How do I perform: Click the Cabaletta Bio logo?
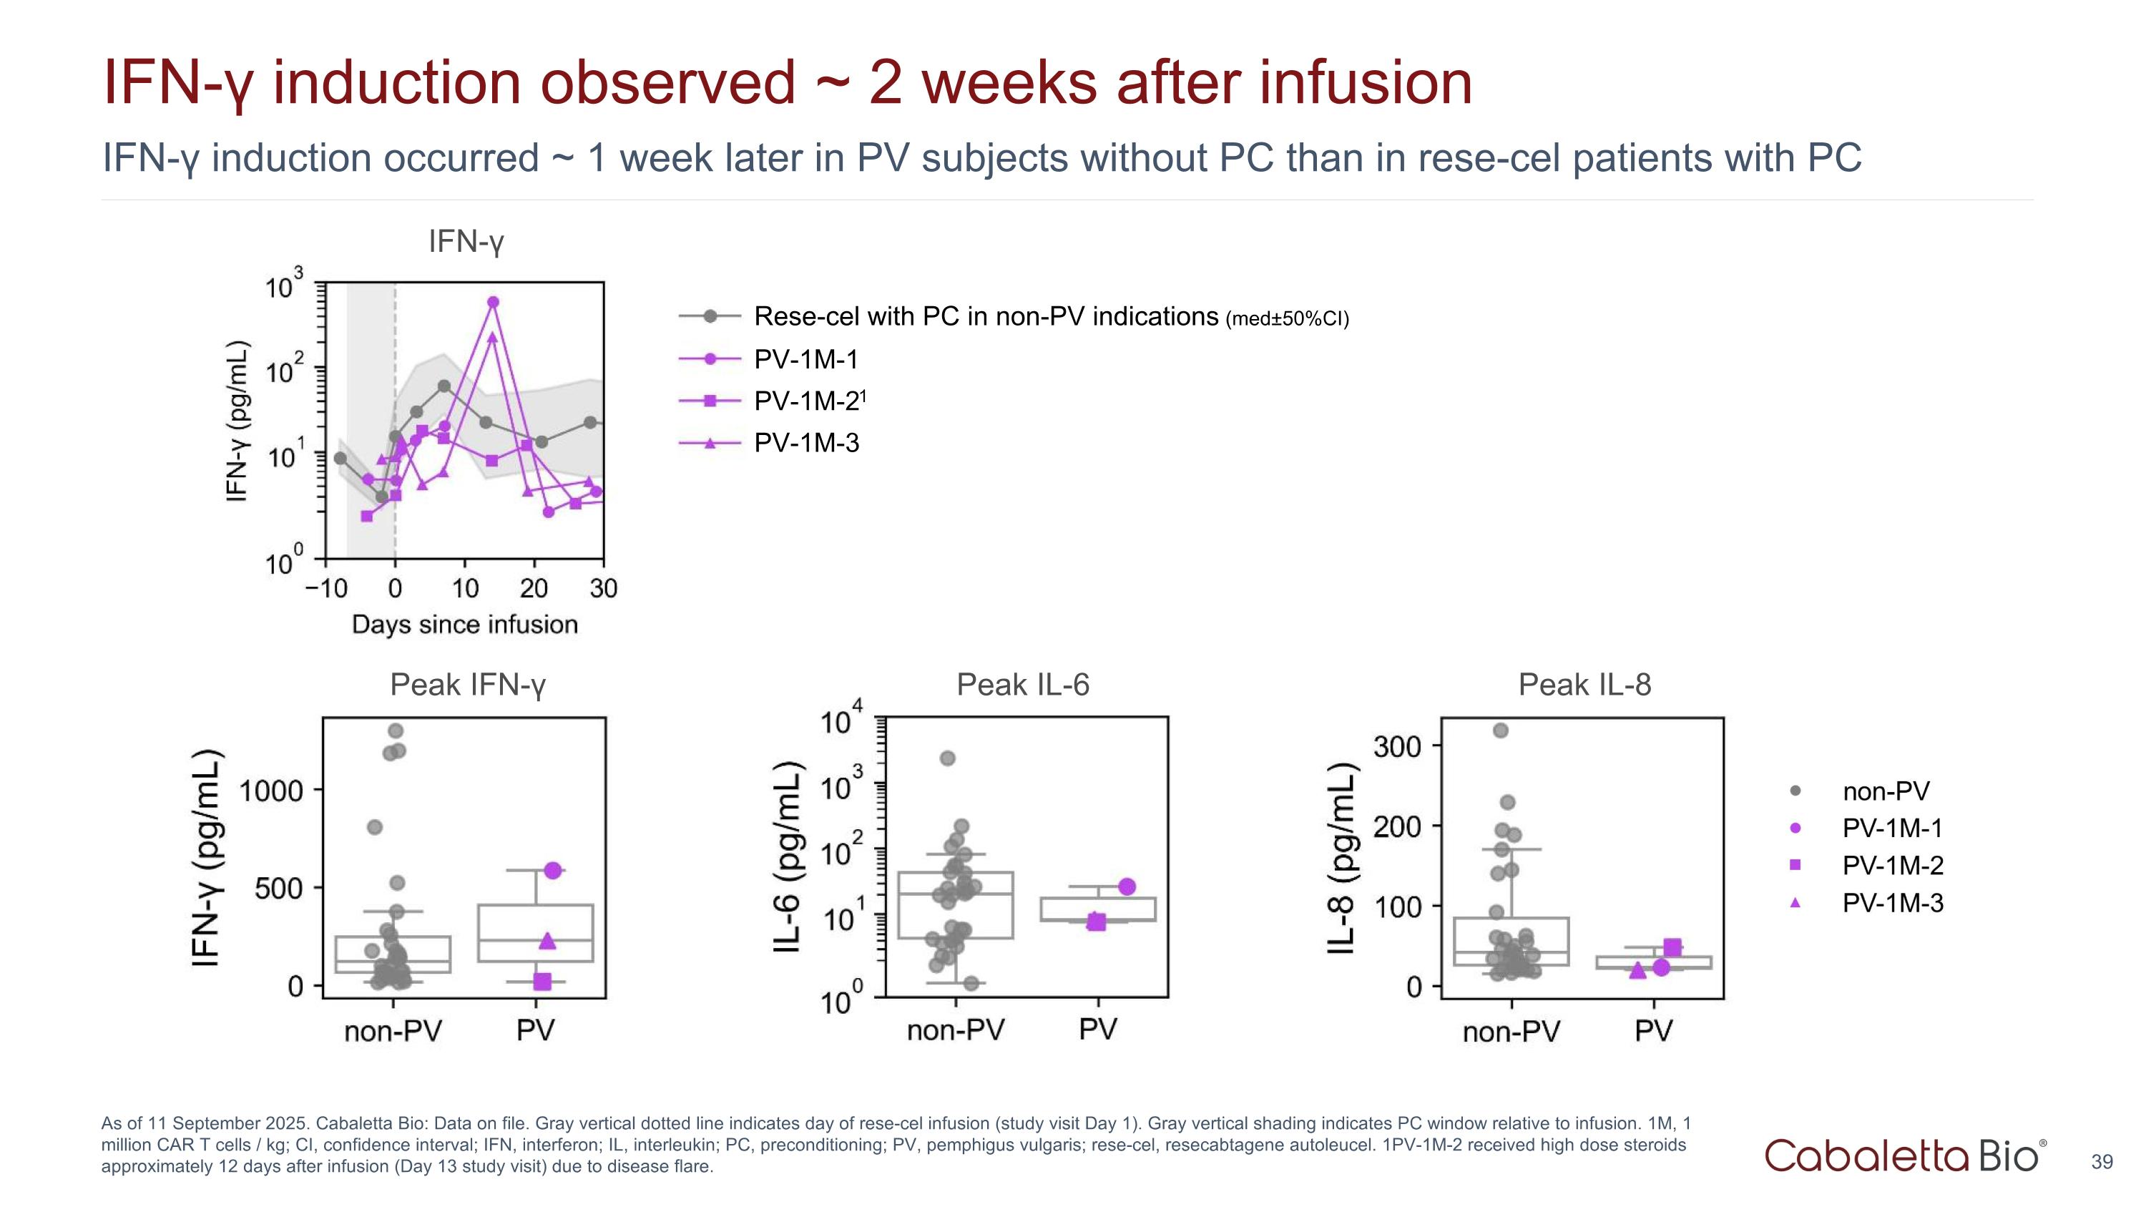click(x=1904, y=1156)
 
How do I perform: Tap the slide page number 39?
click(x=2101, y=1162)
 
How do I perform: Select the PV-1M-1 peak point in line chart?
click(x=493, y=303)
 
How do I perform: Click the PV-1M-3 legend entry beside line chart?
click(x=805, y=443)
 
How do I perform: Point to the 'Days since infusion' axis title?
click(x=465, y=625)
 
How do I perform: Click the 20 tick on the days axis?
click(x=534, y=589)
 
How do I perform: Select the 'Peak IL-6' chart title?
click(x=1022, y=685)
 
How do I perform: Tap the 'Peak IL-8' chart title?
click(x=1584, y=685)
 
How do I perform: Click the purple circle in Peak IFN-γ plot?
click(x=553, y=871)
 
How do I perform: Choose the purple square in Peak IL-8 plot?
click(x=1672, y=947)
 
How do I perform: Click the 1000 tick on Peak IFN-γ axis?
click(x=270, y=791)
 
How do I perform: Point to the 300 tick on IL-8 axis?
click(x=1397, y=746)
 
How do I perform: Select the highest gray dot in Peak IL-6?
click(x=947, y=758)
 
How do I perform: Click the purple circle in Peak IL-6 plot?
click(x=1127, y=886)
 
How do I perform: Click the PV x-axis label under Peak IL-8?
click(x=1654, y=1031)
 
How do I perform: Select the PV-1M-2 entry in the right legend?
click(x=1893, y=866)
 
